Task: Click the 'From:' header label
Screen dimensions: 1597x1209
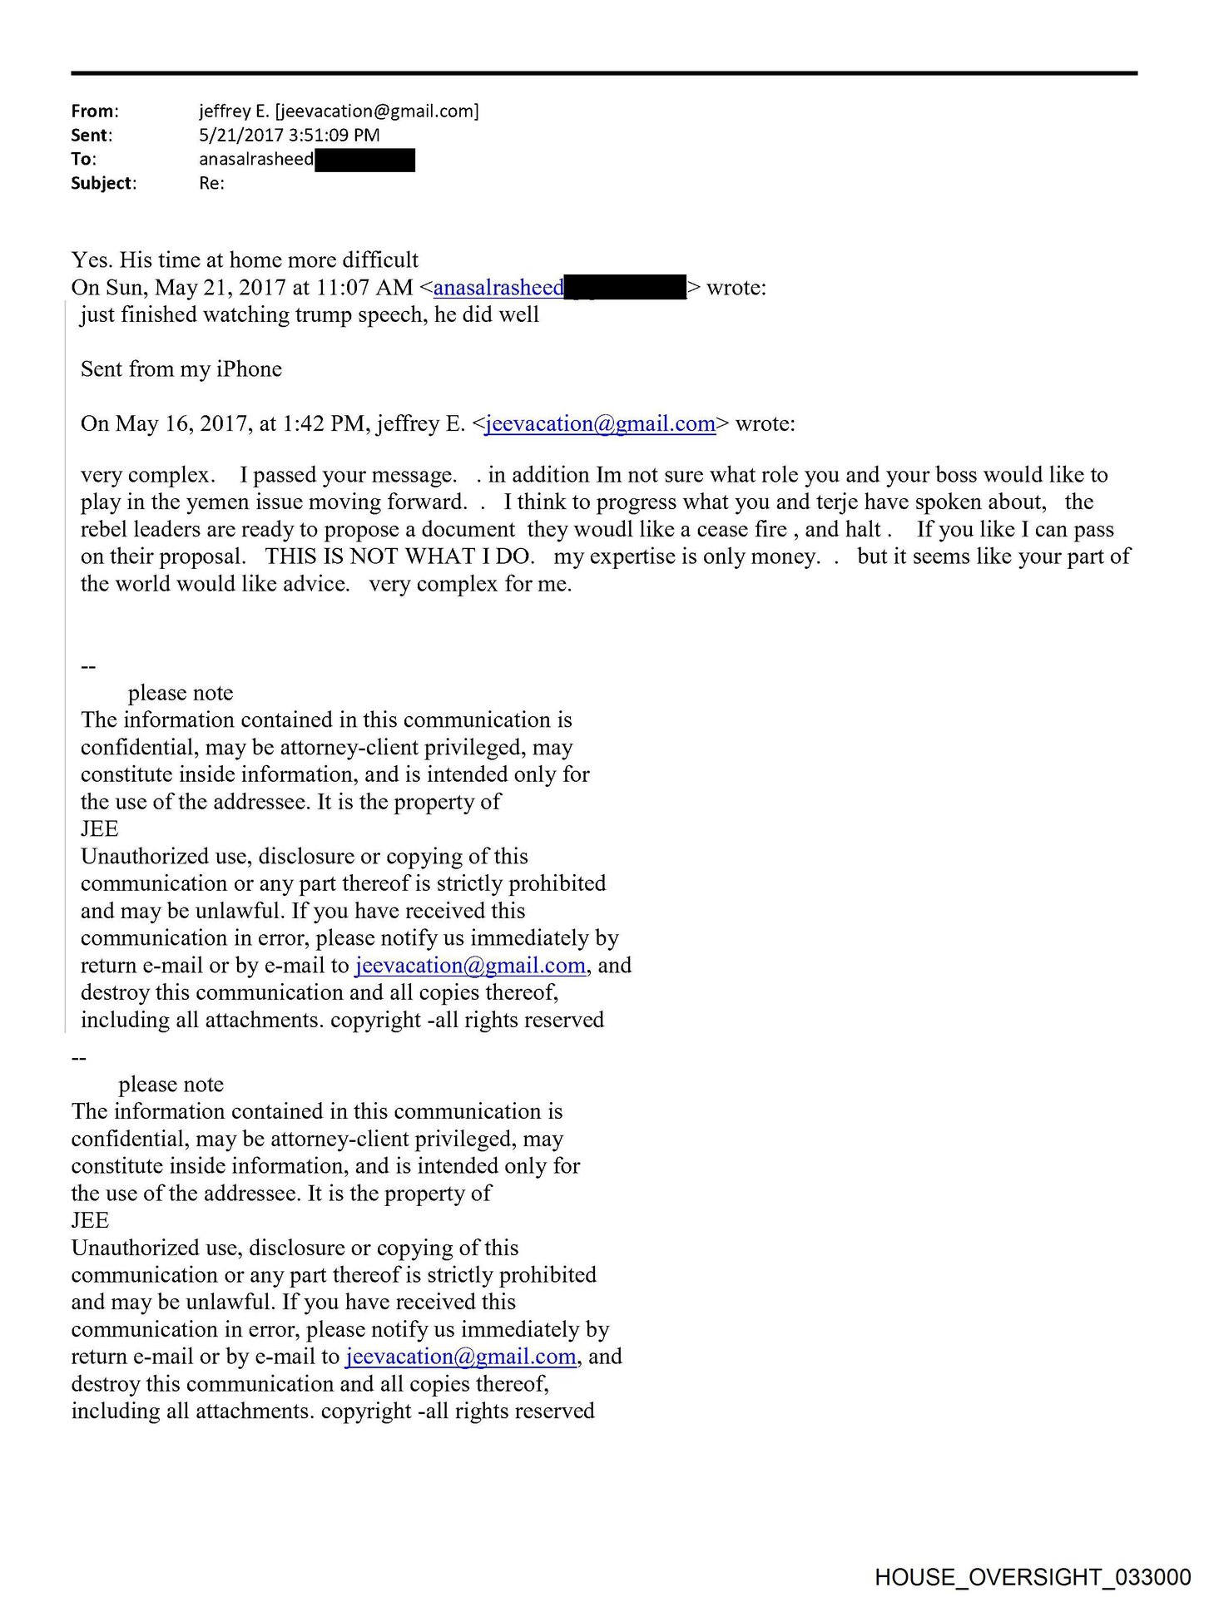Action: click(x=95, y=111)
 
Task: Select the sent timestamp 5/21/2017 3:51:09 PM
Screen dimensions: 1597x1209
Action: click(x=289, y=136)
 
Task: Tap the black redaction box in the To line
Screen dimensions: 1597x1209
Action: click(x=364, y=160)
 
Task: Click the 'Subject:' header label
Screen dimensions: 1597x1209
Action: click(x=103, y=184)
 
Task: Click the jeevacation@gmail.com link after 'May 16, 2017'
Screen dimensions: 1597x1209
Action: click(x=600, y=424)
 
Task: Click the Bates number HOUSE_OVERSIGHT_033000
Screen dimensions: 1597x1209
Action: click(x=1033, y=1577)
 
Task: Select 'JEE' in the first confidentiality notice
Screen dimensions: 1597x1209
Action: click(x=100, y=829)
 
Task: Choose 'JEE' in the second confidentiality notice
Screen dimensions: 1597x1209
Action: click(x=91, y=1221)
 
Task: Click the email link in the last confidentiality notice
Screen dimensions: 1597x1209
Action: click(x=461, y=1357)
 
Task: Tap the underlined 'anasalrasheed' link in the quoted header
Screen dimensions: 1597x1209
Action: click(x=498, y=288)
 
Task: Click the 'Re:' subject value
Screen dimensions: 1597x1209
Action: click(x=211, y=184)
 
